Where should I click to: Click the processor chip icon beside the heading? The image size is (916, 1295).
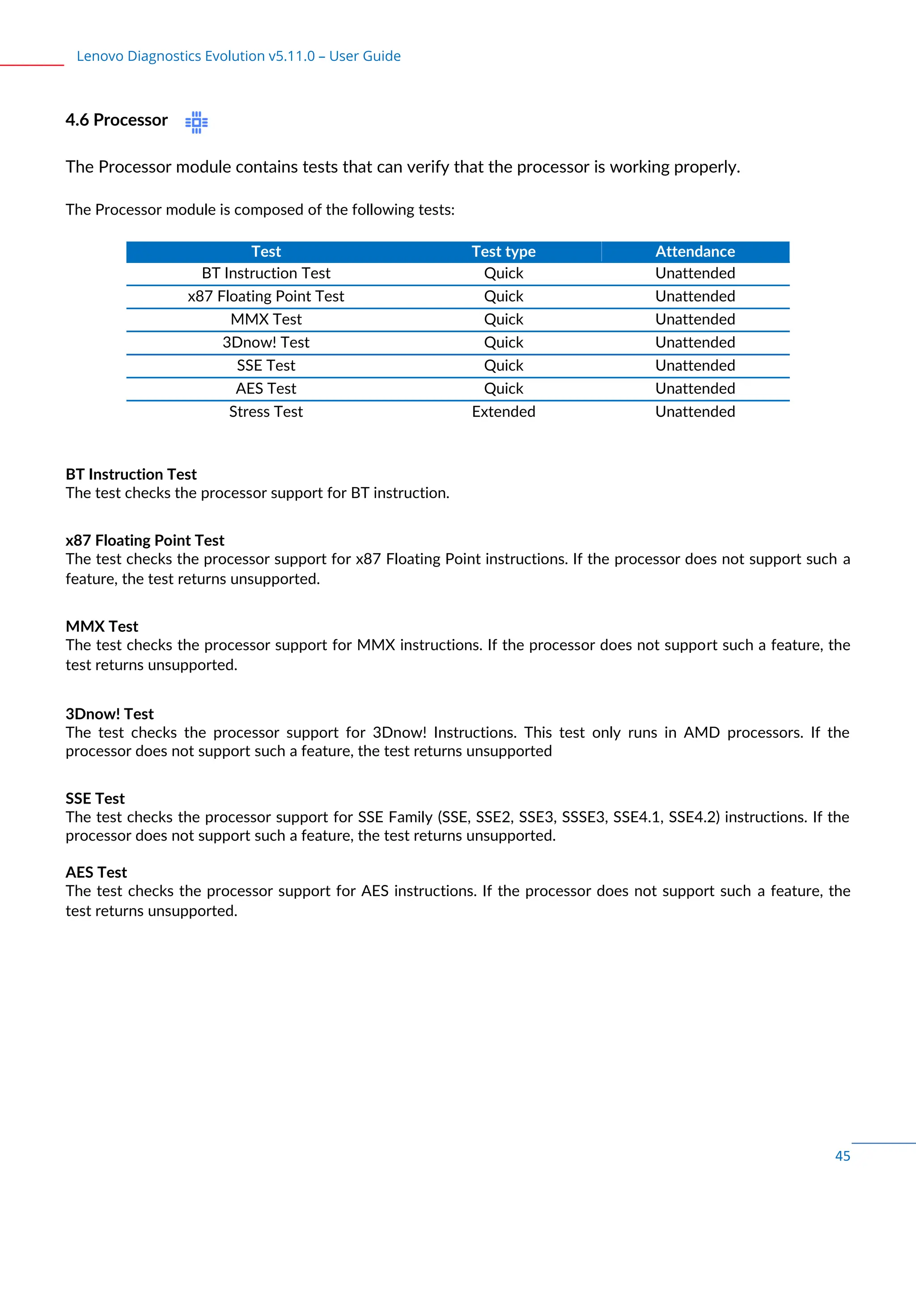click(196, 122)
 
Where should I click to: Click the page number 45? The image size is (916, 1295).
click(842, 1155)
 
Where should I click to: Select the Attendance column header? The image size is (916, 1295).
click(695, 252)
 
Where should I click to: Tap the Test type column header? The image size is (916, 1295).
click(503, 252)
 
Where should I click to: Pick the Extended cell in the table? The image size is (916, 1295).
click(503, 412)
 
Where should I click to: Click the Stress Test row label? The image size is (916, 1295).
click(266, 412)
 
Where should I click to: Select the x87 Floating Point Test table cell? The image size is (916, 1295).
click(266, 296)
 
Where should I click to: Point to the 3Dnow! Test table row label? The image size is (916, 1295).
click(266, 343)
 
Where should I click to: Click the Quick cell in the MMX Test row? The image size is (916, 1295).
click(503, 319)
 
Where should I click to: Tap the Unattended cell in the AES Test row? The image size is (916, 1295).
click(695, 389)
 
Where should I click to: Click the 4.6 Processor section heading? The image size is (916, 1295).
click(116, 120)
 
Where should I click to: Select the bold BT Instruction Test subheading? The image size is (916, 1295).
click(131, 474)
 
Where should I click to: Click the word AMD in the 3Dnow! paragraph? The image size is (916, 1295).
click(701, 732)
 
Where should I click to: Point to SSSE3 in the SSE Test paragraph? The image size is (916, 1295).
click(583, 817)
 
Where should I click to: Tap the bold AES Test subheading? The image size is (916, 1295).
click(96, 872)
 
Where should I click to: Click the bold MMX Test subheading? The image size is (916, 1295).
click(102, 626)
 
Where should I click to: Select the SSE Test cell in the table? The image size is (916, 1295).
click(266, 365)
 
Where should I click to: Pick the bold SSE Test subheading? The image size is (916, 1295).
click(95, 799)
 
